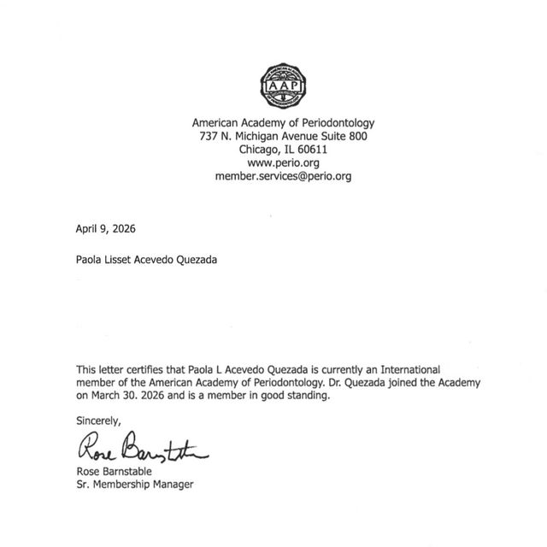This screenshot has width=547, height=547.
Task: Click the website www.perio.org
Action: coord(282,162)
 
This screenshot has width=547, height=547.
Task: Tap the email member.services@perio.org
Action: coord(282,176)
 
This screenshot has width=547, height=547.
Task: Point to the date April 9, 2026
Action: coord(105,228)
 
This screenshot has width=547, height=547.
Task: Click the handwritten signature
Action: coord(141,446)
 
